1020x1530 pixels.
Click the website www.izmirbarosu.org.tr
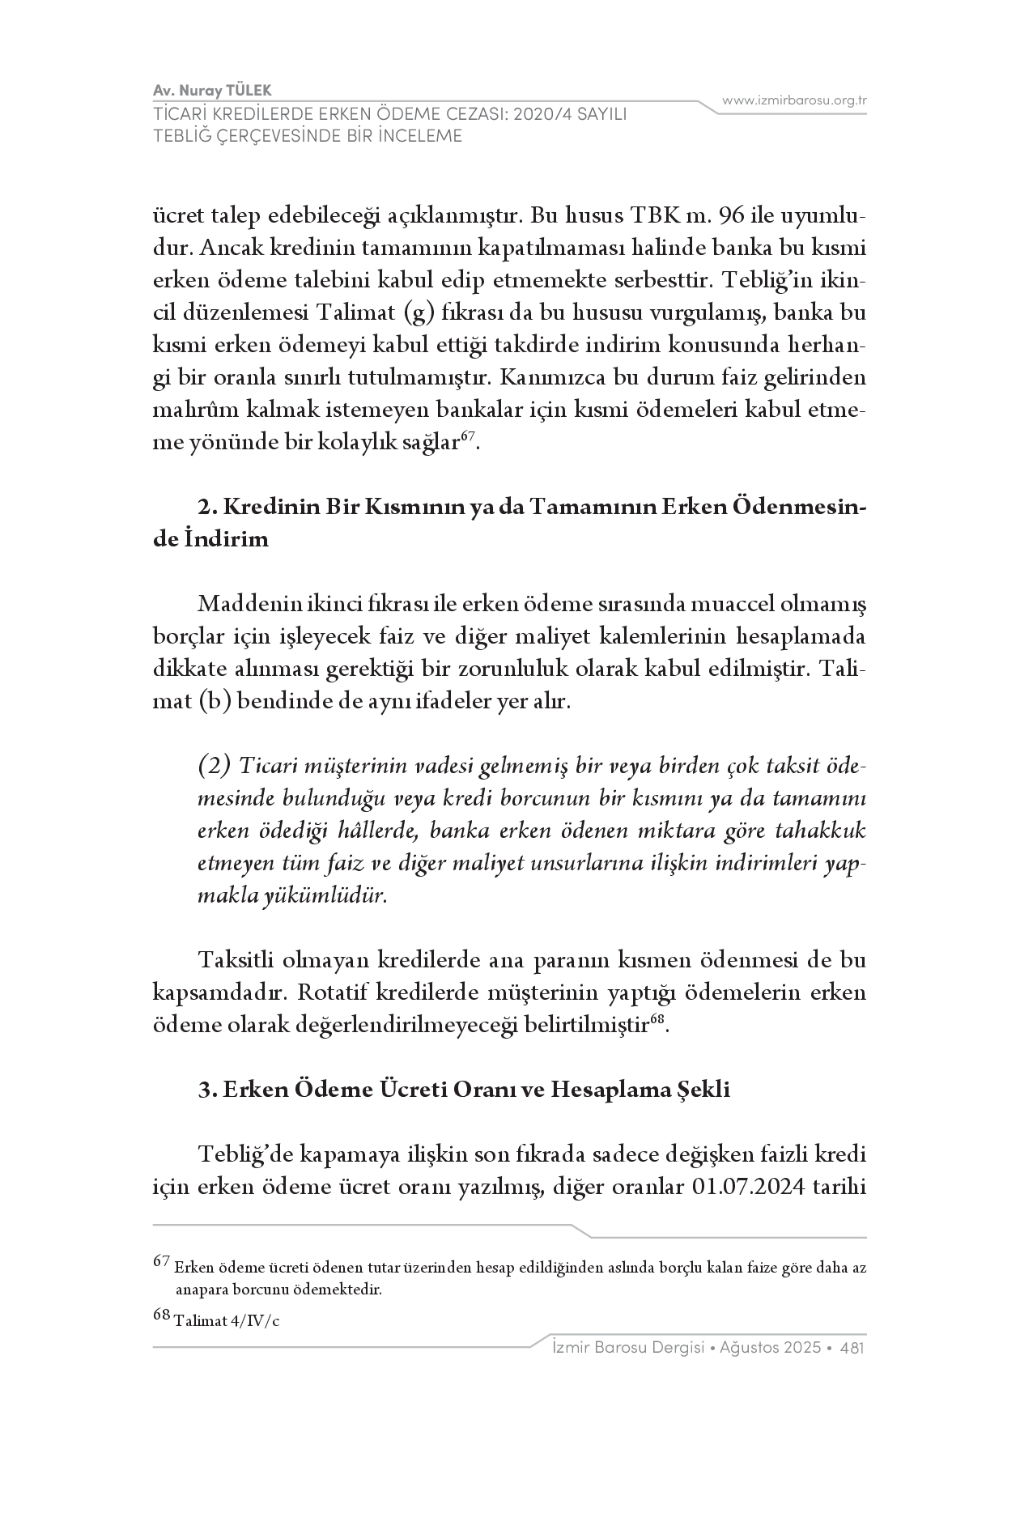click(x=794, y=100)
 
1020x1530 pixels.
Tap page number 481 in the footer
click(x=852, y=1348)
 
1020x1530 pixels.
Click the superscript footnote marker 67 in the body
click(x=467, y=438)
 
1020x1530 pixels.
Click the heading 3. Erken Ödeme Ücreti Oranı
click(x=464, y=1090)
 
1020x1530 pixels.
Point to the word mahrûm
click(x=193, y=410)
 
